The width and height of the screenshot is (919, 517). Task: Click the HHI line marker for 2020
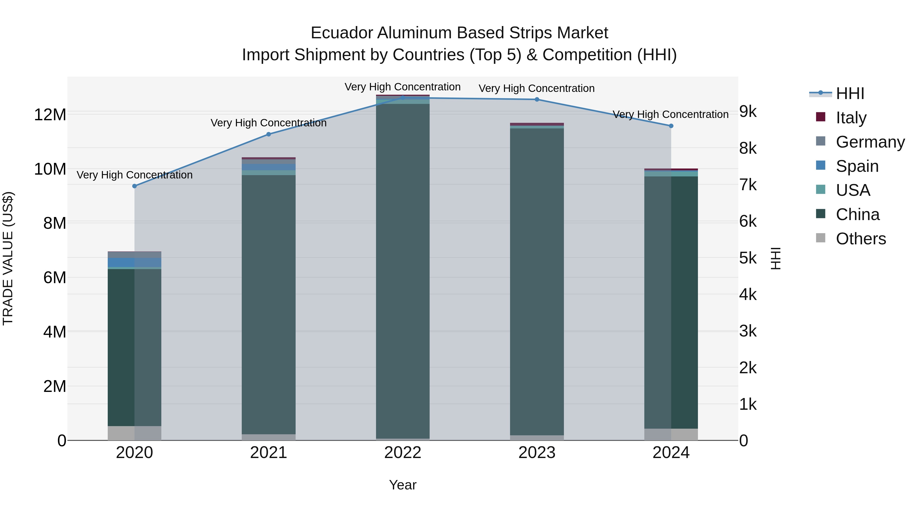pyautogui.click(x=135, y=186)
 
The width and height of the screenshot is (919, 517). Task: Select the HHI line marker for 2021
pyautogui.click(x=269, y=134)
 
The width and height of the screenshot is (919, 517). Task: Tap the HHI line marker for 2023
pyautogui.click(x=537, y=99)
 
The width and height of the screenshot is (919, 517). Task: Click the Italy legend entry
pyautogui.click(x=851, y=118)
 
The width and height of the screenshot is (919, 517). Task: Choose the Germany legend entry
pyautogui.click(x=870, y=142)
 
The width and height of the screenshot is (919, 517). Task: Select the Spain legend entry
pyautogui.click(x=857, y=166)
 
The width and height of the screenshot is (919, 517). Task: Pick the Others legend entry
pyautogui.click(x=861, y=239)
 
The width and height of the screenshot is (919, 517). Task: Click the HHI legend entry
pyautogui.click(x=850, y=93)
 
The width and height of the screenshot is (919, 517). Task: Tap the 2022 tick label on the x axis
pyautogui.click(x=403, y=453)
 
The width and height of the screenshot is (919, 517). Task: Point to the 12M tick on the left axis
pyautogui.click(x=50, y=115)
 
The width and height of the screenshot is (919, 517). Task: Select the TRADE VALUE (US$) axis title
pyautogui.click(x=8, y=258)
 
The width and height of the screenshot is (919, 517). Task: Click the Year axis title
pyautogui.click(x=403, y=485)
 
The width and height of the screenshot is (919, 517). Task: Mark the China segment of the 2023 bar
pyautogui.click(x=537, y=282)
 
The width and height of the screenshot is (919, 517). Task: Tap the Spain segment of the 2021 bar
pyautogui.click(x=269, y=167)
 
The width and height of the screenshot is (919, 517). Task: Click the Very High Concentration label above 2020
pyautogui.click(x=135, y=175)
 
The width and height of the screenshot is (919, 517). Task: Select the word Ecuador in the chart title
pyautogui.click(x=342, y=33)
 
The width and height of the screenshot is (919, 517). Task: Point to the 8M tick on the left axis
pyautogui.click(x=55, y=223)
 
